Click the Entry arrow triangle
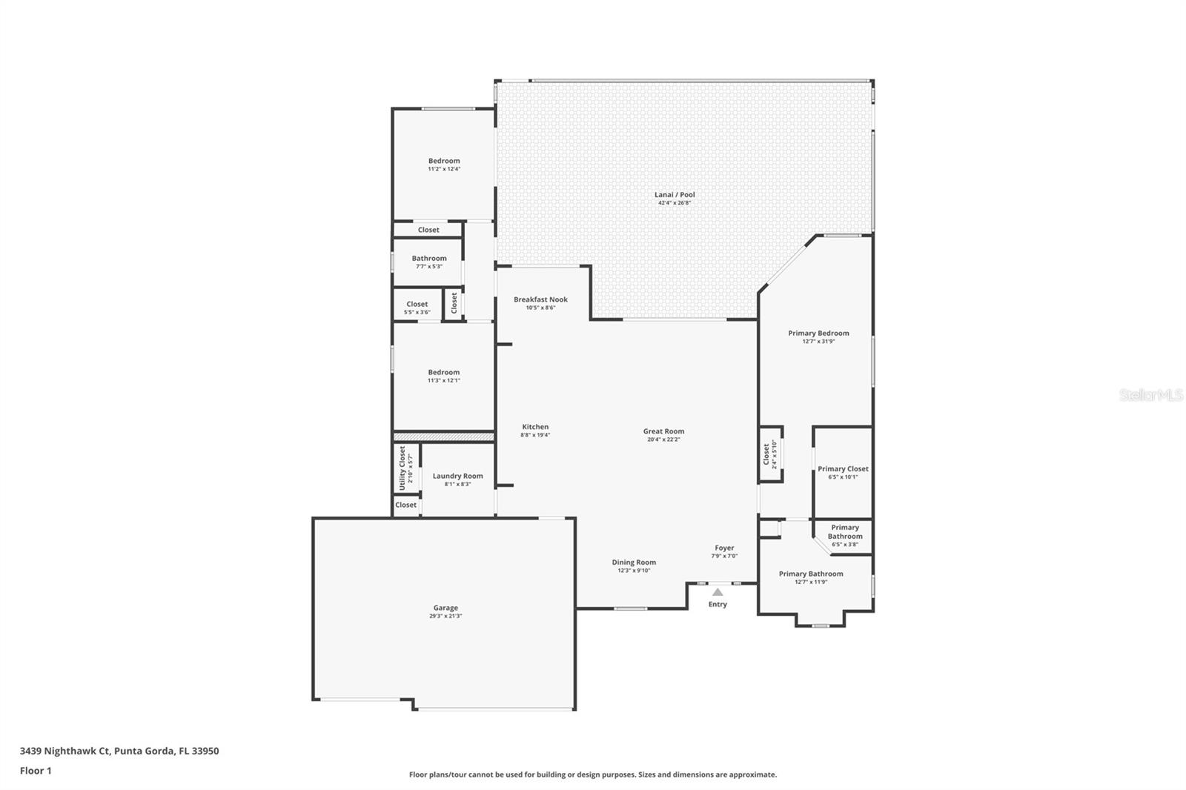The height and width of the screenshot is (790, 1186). coord(718,592)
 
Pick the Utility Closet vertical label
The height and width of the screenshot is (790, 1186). coord(402,468)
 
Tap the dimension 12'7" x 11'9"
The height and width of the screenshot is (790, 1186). coord(811,582)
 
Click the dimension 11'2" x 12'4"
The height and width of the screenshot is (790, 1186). coord(444,169)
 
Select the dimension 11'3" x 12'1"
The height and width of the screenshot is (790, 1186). coord(444,380)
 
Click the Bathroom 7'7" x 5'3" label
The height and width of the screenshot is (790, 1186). coord(429,262)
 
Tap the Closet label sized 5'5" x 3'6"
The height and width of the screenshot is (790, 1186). coord(417,308)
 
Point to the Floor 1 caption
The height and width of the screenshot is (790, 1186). coord(36,771)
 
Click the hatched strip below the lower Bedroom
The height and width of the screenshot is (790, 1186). coord(444,437)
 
